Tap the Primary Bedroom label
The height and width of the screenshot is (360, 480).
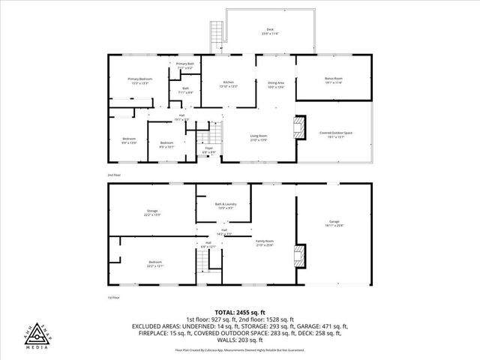pyautogui.click(x=140, y=80)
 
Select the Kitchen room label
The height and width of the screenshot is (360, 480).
pyautogui.click(x=229, y=83)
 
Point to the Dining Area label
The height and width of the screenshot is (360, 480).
pyautogui.click(x=276, y=84)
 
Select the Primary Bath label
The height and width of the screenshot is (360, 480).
pyautogui.click(x=185, y=65)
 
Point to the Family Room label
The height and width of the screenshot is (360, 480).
pyautogui.click(x=265, y=243)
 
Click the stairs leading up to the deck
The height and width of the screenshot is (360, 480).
pyautogui.click(x=217, y=34)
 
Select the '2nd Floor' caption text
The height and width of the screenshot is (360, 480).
pyautogui.click(x=114, y=174)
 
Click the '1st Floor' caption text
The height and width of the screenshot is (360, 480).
pyautogui.click(x=114, y=298)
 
